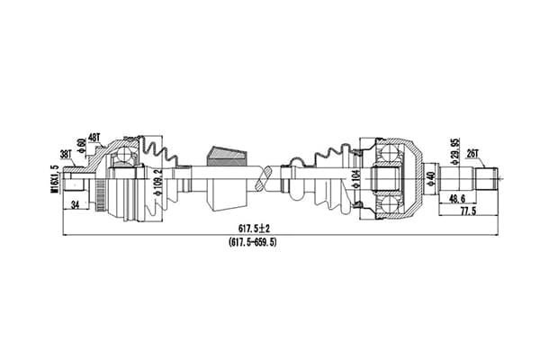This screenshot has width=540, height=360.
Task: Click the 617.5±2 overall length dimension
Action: click(254, 228)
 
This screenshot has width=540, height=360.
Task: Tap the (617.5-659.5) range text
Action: click(253, 242)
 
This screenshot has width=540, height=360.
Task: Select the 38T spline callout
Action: click(66, 154)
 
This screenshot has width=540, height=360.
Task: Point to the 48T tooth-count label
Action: click(94, 138)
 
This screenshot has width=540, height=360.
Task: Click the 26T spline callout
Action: click(472, 154)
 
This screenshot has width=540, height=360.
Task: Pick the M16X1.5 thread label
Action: click(54, 179)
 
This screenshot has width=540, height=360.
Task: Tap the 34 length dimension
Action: click(75, 205)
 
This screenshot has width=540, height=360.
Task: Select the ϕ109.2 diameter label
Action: click(158, 183)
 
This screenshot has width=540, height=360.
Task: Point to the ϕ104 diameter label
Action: click(355, 179)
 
